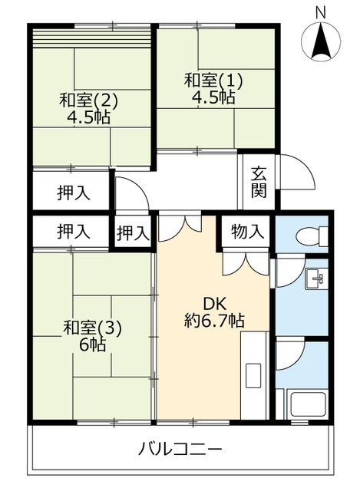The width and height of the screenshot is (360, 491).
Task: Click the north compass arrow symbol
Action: pos(321,41)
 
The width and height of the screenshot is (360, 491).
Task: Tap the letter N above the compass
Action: pos(321,12)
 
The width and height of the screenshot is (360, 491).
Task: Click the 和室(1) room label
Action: pos(213,80)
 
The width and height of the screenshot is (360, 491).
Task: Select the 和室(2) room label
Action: pos(88,101)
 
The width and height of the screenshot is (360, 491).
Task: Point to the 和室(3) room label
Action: pos(92,328)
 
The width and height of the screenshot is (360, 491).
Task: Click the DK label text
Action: pos(215,304)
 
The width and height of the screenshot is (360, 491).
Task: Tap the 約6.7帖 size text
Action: pos(214,320)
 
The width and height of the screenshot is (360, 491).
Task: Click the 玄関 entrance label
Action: pos(259,183)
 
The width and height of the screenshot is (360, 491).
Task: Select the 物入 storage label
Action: pos(247,232)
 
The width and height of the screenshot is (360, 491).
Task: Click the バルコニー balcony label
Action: pos(180,450)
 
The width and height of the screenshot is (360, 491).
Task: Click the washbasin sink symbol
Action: pos(316,278)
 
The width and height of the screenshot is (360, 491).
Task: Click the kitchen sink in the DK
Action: pos(253,375)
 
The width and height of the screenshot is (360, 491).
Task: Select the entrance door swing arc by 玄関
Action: pos(296,172)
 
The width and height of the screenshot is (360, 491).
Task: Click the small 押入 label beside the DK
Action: pos(133,233)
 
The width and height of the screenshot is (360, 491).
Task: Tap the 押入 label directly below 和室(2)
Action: pos(74,193)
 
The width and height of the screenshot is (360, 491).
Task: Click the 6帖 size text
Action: pos(92,344)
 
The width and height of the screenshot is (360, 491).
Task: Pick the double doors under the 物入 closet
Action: pos(246,264)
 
